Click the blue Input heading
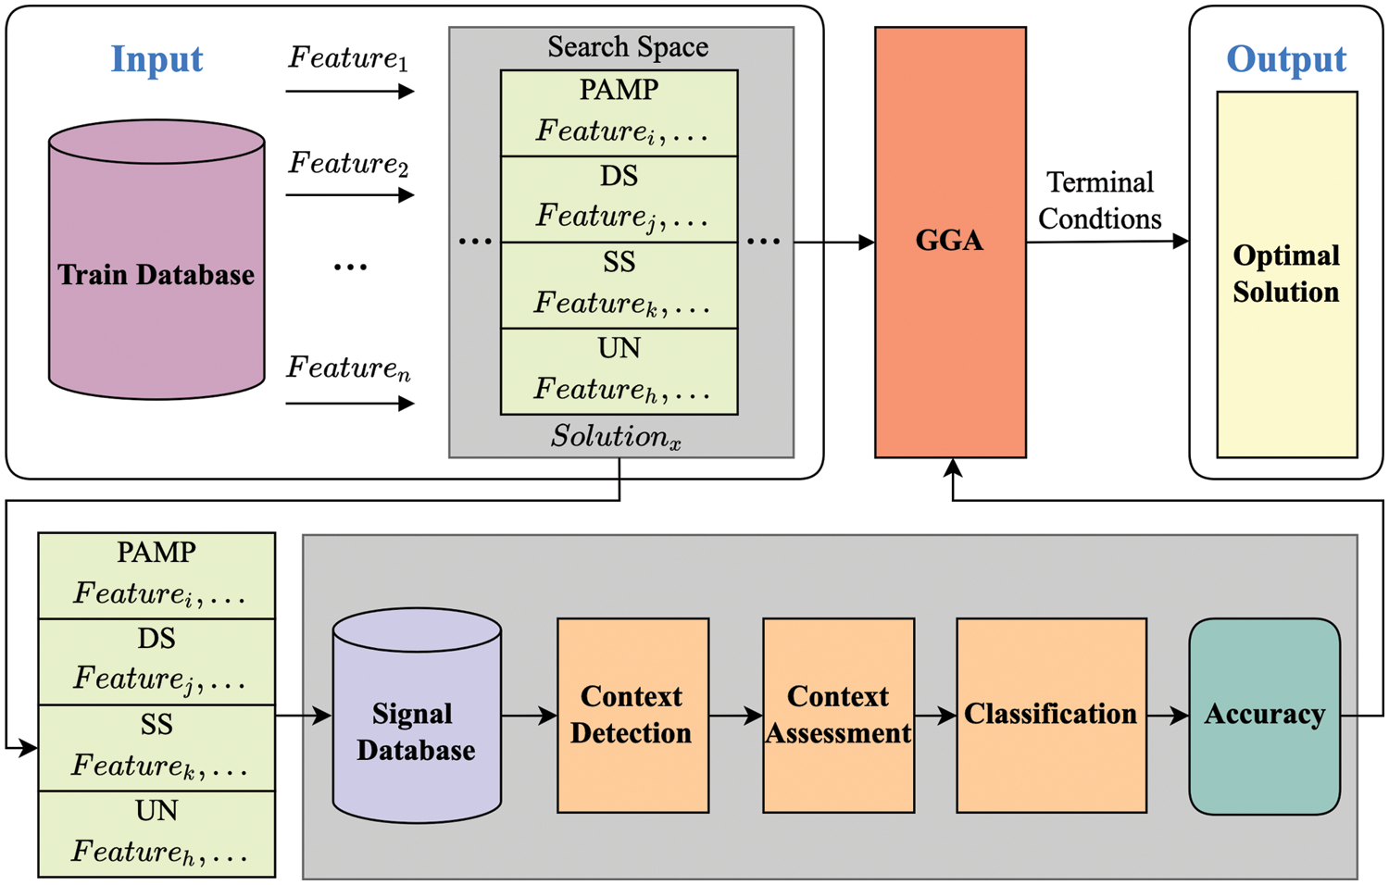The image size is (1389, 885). click(156, 59)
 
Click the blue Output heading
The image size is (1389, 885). click(1285, 59)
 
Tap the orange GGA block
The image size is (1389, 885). click(950, 242)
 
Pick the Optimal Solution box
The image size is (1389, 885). click(1286, 274)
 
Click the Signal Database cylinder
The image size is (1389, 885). click(417, 731)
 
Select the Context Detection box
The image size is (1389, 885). click(632, 715)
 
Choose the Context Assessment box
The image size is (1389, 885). click(838, 715)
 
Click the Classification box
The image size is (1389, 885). click(1051, 715)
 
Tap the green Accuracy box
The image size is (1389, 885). click(1264, 716)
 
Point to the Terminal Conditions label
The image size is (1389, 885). click(1100, 201)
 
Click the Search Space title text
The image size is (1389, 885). click(627, 46)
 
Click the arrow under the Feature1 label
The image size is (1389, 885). click(349, 91)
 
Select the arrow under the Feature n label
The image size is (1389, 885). click(349, 403)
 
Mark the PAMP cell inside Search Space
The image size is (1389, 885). click(619, 112)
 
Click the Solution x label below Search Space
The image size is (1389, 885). click(616, 436)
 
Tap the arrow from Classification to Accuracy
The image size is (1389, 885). click(1168, 716)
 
